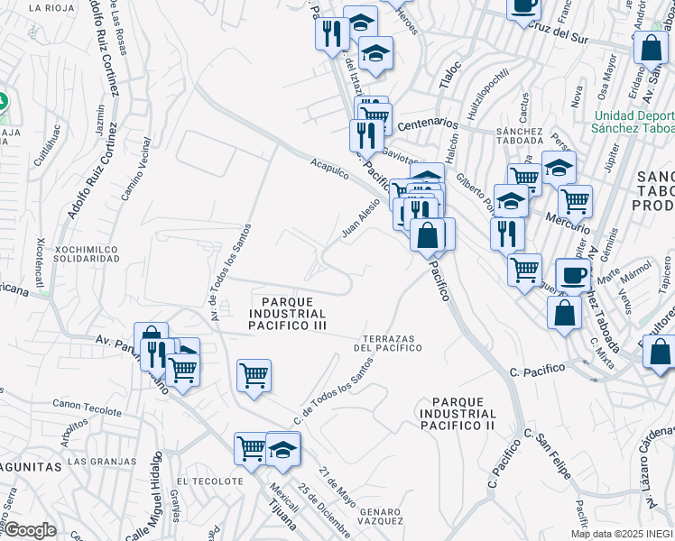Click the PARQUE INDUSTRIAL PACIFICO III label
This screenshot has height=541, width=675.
tap(286, 313)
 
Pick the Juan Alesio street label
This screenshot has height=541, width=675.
tap(360, 219)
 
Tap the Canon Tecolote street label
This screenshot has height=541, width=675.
tap(87, 408)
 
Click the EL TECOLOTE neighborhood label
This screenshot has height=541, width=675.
tap(209, 481)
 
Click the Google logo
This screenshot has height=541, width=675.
tap(29, 529)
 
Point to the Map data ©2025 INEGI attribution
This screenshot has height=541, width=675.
tap(623, 534)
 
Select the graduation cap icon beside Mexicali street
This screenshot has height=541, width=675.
tap(282, 448)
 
